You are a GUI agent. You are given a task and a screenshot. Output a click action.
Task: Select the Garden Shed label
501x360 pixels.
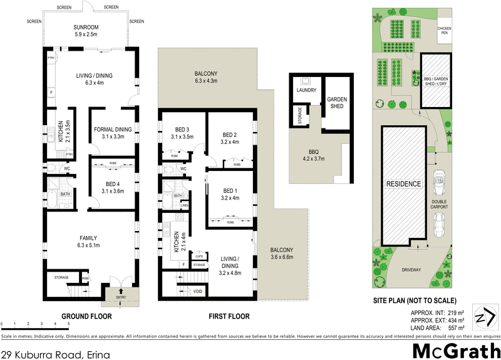[x=336, y=104]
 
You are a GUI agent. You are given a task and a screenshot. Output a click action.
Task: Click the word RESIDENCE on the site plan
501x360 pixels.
[x=403, y=183]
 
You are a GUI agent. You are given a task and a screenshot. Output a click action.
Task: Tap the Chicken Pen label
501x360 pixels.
[x=444, y=31]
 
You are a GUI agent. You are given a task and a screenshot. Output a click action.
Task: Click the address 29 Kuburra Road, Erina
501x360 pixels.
[x=49, y=346]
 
